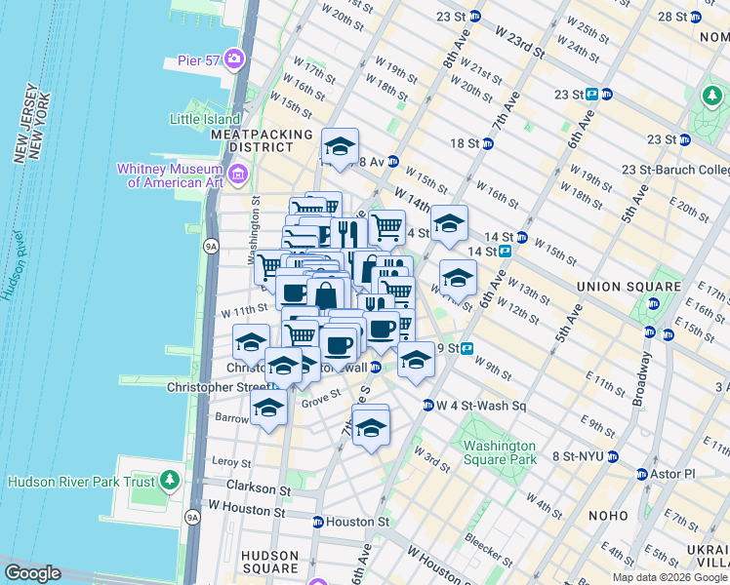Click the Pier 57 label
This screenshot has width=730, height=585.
coord(198,60)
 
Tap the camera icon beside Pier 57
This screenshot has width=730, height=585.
coord(234,60)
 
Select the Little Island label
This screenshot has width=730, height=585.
coord(204,119)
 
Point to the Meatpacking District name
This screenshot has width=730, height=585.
coord(261,140)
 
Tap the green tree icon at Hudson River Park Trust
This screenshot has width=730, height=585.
coord(171,482)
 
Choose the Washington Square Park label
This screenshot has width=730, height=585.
coord(501,452)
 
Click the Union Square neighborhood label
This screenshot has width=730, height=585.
coord(629,287)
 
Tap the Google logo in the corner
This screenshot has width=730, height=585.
coord(32,573)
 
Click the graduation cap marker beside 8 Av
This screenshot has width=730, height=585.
coord(340,147)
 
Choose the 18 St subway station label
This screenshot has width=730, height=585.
coord(466,143)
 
